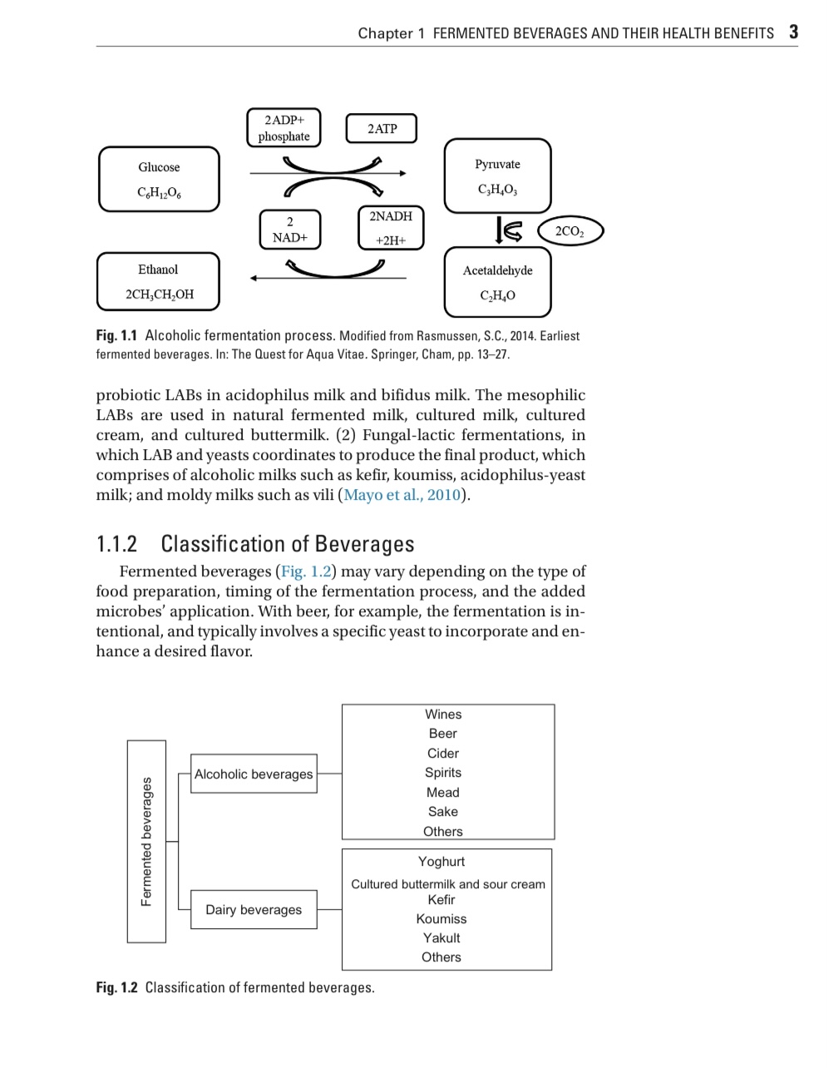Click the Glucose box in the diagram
click(159, 179)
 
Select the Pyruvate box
click(497, 176)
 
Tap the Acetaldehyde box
click(497, 282)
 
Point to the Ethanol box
click(158, 281)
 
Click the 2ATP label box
click(382, 129)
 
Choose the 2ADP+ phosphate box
click(284, 128)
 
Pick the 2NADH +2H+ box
click(391, 228)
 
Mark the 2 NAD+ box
click(289, 229)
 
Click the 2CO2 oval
click(570, 231)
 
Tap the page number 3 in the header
click(793, 32)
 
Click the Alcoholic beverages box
click(254, 774)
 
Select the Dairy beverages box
click(254, 909)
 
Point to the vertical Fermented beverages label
click(146, 841)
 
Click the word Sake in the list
click(443, 812)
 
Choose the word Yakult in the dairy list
click(442, 938)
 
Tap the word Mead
click(443, 793)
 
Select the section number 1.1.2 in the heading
click(116, 544)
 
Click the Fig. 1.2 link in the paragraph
click(305, 571)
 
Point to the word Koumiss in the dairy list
click(442, 919)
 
